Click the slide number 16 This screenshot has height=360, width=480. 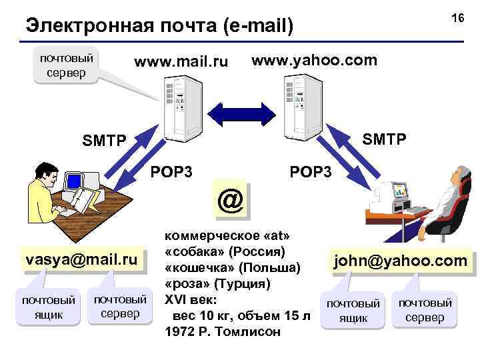pyautogui.click(x=457, y=19)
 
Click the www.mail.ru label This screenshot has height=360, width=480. pyautogui.click(x=181, y=63)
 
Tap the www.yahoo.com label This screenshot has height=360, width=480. pyautogui.click(x=314, y=61)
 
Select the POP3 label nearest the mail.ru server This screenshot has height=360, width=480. pyautogui.click(x=172, y=171)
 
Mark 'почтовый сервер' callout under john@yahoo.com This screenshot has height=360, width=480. pyautogui.click(x=425, y=310)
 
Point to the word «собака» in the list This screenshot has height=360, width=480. pyautogui.click(x=197, y=252)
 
